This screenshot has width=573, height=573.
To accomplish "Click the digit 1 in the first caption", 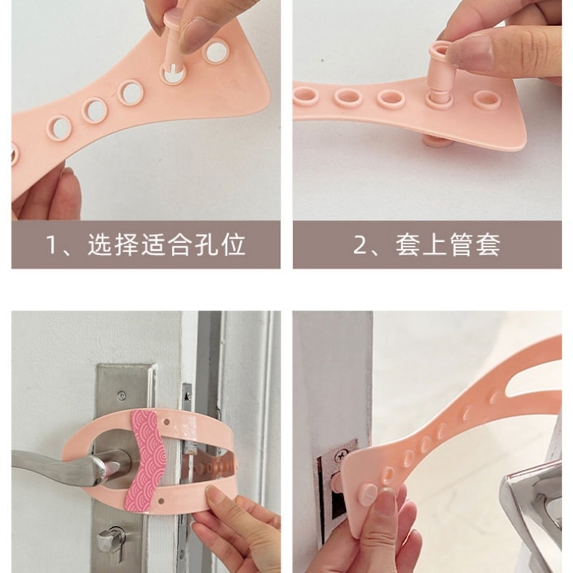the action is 52,244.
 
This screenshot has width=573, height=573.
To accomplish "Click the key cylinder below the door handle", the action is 112,540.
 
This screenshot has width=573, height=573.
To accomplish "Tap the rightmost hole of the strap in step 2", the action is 486,99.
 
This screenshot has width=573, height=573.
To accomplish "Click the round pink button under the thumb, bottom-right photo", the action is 369,494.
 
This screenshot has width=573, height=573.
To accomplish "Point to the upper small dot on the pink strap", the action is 167,423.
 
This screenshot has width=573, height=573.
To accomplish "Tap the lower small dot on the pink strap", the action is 162,500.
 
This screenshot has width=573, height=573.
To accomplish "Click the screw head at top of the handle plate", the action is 122,395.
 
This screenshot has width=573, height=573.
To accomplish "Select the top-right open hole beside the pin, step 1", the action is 216,52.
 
